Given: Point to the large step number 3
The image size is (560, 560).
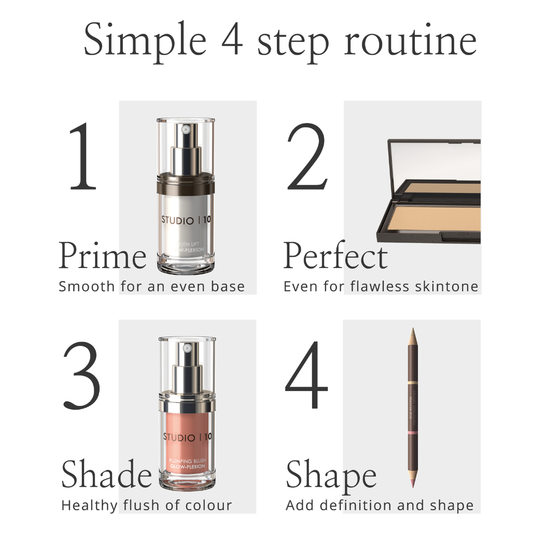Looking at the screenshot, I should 82,374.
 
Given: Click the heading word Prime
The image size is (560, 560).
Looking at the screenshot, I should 103,256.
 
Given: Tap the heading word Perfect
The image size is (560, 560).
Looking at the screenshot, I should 335,256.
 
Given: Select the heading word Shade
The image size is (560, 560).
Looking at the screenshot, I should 106,474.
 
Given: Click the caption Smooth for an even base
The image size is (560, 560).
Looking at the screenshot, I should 151,286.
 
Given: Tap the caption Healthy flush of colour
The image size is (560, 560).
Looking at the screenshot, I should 146,505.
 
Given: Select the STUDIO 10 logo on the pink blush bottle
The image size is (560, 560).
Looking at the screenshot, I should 187,437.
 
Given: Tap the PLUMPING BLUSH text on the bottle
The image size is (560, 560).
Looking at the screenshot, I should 187,460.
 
